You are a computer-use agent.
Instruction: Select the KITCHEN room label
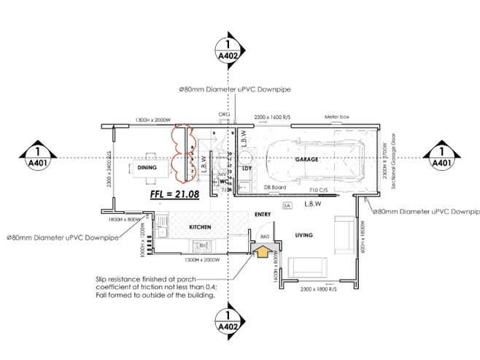click(x=200, y=226)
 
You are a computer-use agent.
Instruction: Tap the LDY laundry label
click(x=246, y=168)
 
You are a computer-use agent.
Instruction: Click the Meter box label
click(x=337, y=117)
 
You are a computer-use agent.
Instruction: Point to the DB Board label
click(x=274, y=188)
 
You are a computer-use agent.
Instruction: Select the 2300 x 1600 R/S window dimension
click(x=271, y=117)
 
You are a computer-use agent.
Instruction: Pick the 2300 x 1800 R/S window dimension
click(x=312, y=290)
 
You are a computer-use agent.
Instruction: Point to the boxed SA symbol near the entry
click(x=287, y=207)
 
